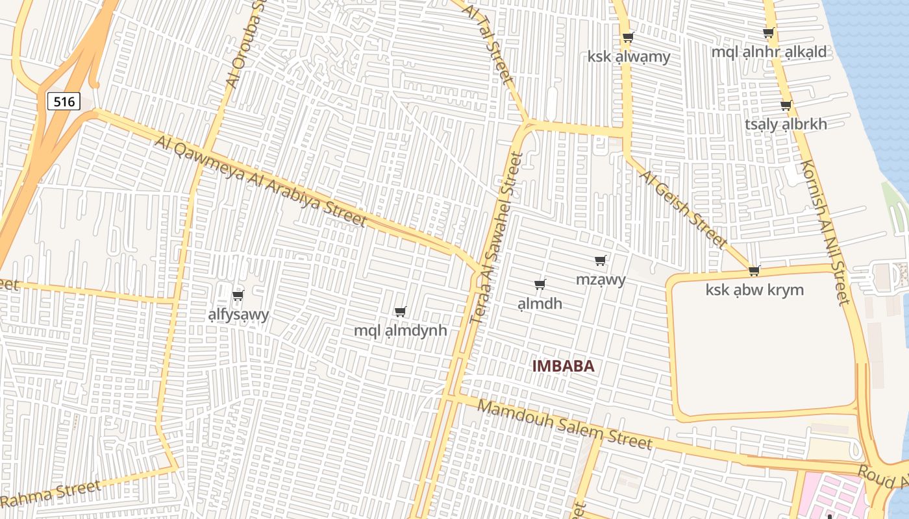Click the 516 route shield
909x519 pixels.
coord(64,101)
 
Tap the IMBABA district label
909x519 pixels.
coord(563,366)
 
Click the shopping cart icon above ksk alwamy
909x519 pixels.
coord(628,37)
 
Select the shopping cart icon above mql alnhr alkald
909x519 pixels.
coord(769,32)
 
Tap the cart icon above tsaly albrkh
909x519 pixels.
coord(786,105)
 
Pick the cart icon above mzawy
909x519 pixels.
coord(601,261)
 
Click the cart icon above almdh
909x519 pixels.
coord(540,284)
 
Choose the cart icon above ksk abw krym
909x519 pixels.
coord(754,271)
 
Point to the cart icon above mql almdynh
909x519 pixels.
coord(401,311)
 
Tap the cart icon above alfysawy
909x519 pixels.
coord(238,295)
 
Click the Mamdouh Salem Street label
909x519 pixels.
coord(565,424)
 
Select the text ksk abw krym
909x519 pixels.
coord(754,290)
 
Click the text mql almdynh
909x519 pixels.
coord(400,331)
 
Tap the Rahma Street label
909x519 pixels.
coord(52,494)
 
